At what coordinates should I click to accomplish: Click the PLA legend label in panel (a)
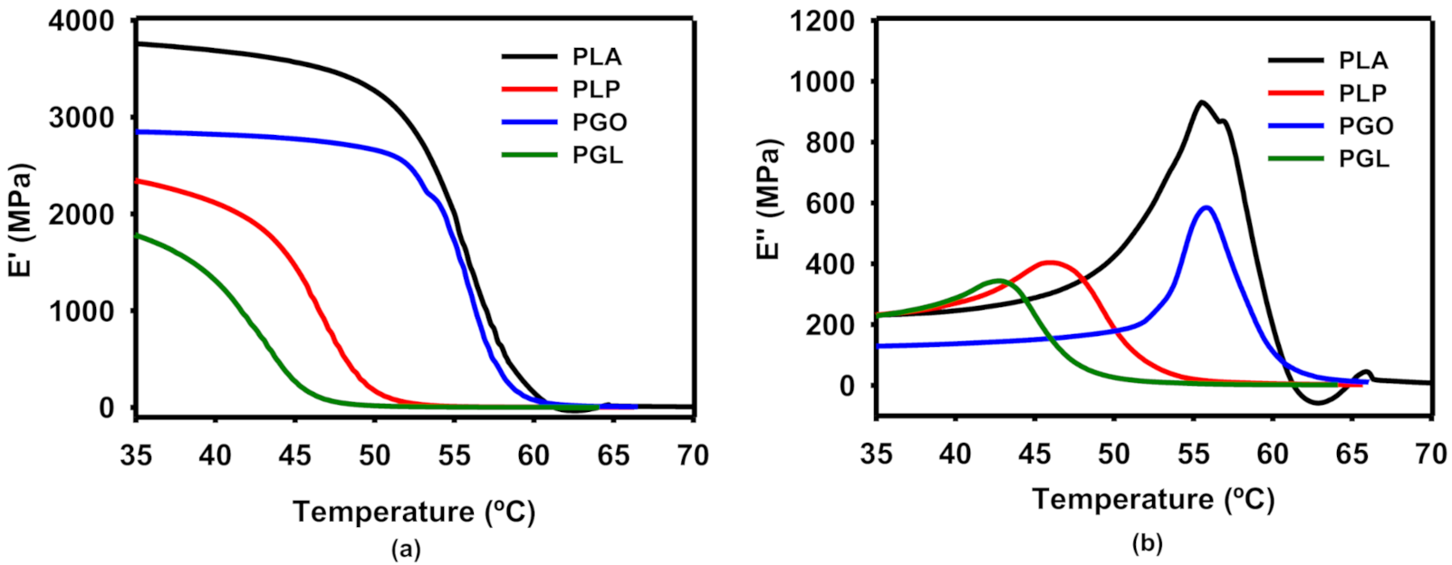click(597, 57)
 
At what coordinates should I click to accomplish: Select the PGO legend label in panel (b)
click(1365, 126)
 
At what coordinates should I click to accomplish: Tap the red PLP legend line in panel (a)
click(530, 89)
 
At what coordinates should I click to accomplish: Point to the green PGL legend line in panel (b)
click(1296, 158)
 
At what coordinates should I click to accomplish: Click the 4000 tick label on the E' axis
click(82, 20)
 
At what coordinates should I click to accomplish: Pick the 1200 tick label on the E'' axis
click(822, 20)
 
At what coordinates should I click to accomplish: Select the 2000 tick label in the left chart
click(82, 215)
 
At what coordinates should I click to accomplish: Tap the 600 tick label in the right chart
click(832, 204)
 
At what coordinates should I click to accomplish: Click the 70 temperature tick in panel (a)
click(693, 455)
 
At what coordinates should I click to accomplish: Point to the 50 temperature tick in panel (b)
click(1114, 455)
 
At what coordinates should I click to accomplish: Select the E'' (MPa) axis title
click(769, 200)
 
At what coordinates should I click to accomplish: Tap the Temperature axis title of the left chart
click(414, 512)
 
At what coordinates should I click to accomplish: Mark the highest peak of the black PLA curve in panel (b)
click(1202, 102)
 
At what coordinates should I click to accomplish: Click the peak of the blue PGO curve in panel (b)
click(1206, 207)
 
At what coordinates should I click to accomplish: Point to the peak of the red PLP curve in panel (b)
click(1049, 263)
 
